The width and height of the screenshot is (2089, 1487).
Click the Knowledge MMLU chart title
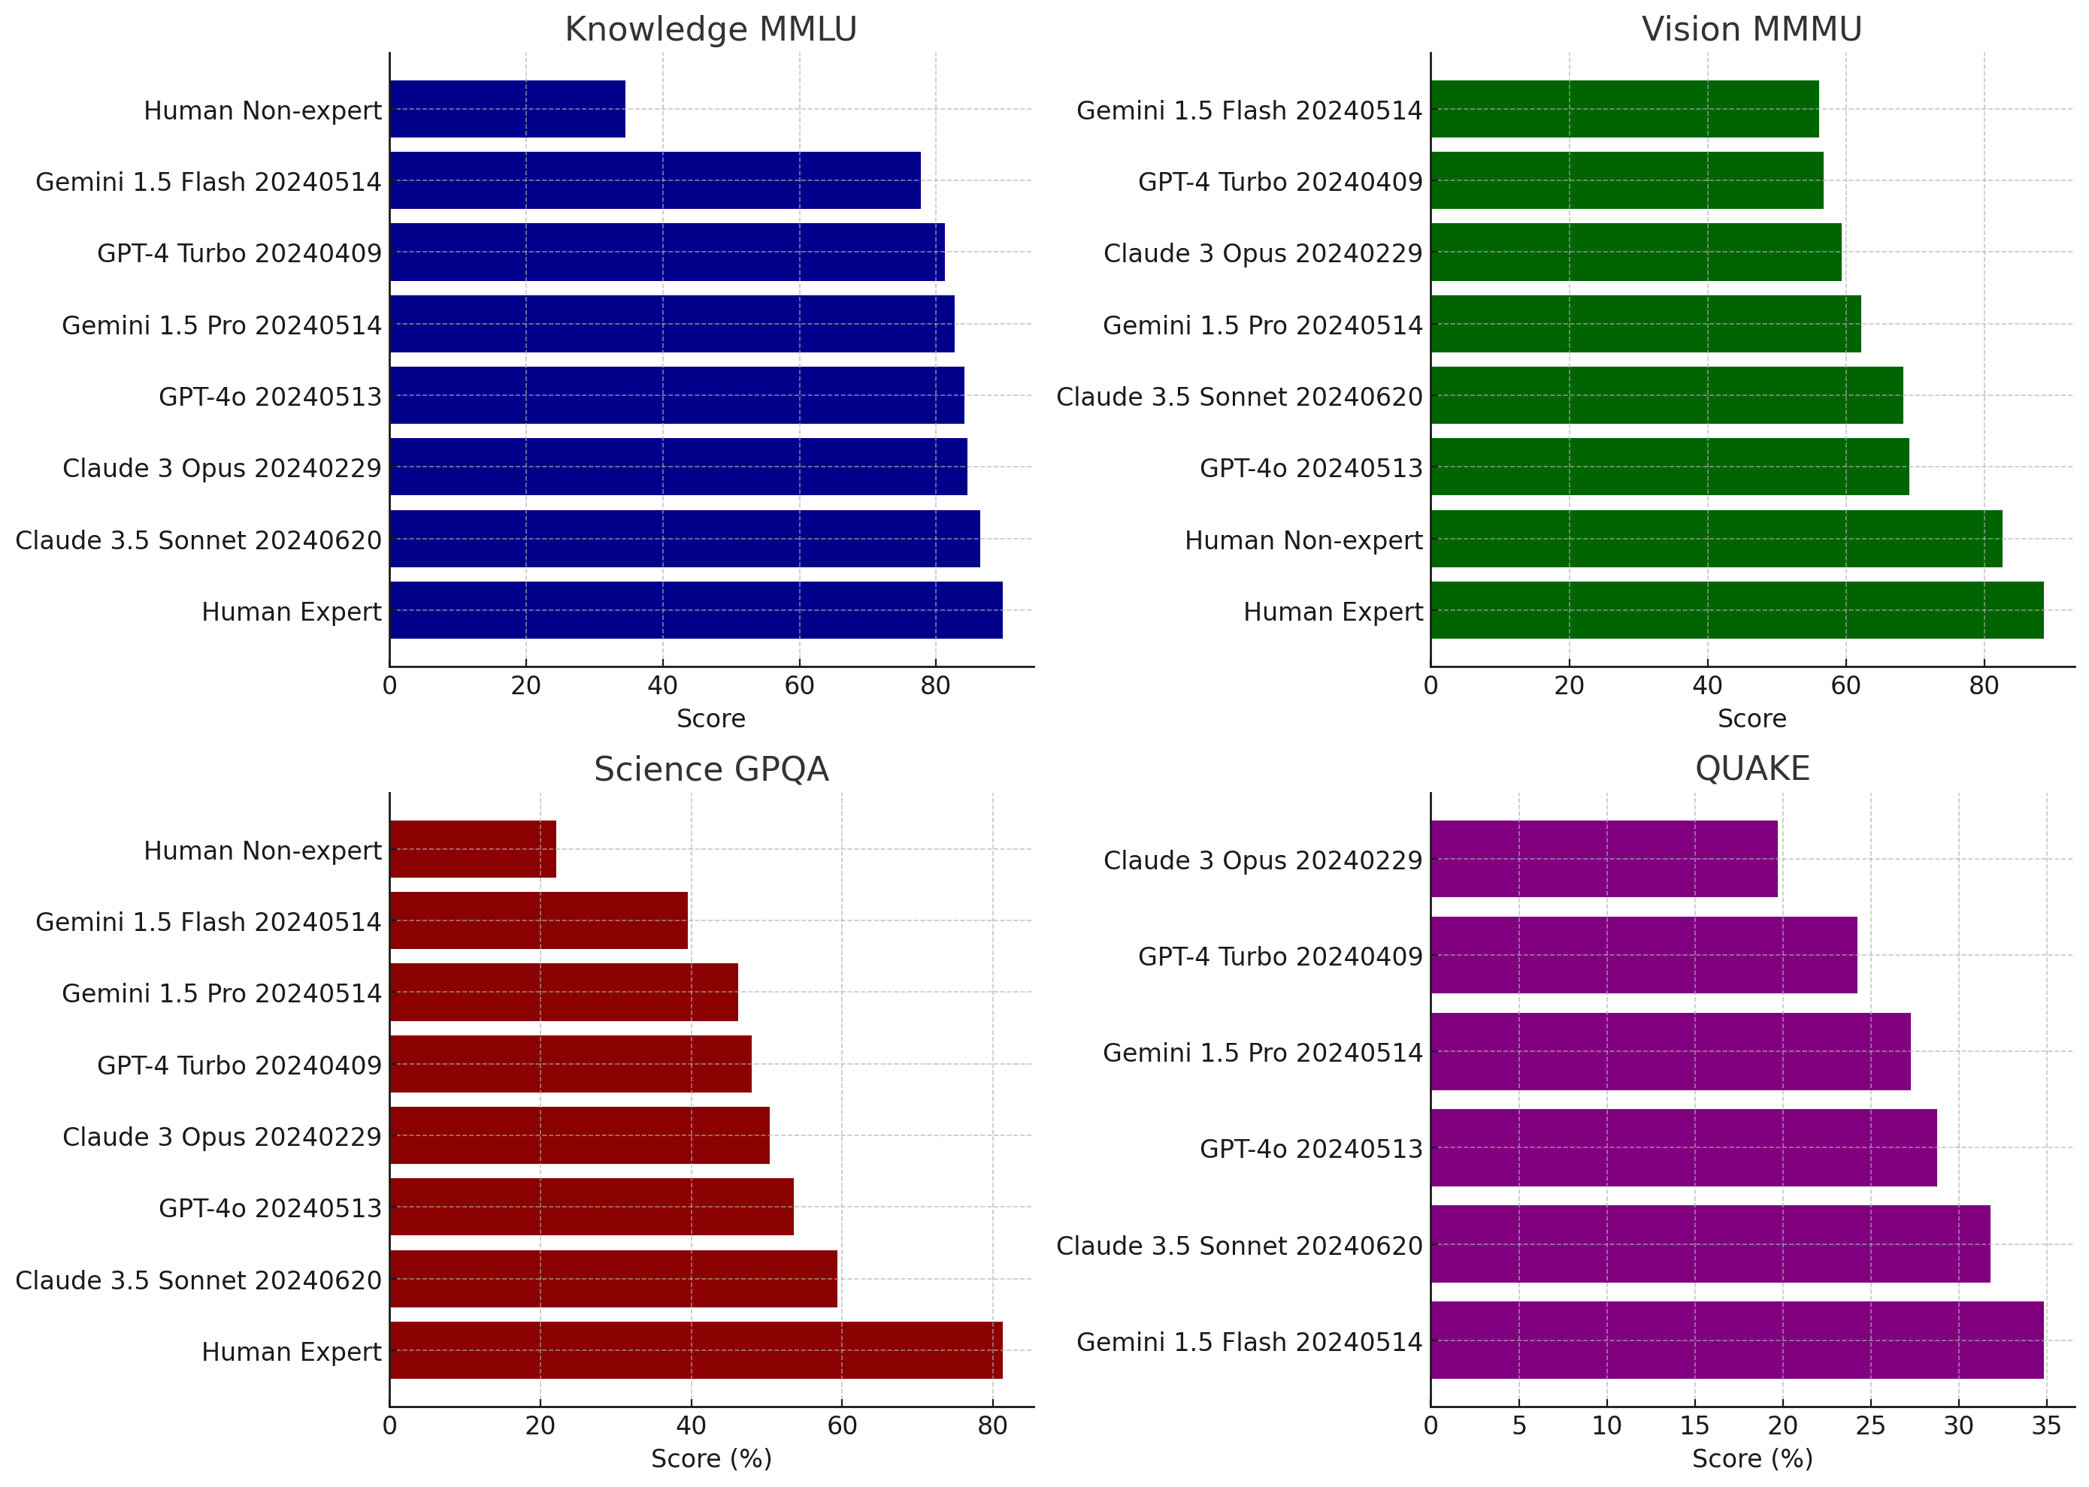pyautogui.click(x=710, y=29)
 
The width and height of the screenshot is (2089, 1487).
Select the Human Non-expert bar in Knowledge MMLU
pyautogui.click(x=507, y=109)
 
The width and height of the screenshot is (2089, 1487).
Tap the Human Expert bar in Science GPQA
pyautogui.click(x=695, y=1350)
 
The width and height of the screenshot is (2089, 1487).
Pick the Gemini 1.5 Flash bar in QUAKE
pyautogui.click(x=1736, y=1340)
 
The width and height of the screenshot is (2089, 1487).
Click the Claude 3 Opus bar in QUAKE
pyautogui.click(x=1603, y=859)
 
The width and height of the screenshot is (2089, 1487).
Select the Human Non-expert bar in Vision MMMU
pyautogui.click(x=1716, y=539)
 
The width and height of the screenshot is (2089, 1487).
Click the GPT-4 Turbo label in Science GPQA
pyautogui.click(x=239, y=1065)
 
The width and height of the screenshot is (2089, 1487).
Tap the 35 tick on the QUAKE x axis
pyautogui.click(x=2046, y=1425)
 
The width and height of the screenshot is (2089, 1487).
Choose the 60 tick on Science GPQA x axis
pyautogui.click(x=842, y=1425)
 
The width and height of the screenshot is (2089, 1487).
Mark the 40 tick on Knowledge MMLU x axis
pyautogui.click(x=662, y=686)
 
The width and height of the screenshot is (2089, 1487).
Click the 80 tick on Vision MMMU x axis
pyautogui.click(x=1984, y=686)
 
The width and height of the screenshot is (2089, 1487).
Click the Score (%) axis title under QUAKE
pyautogui.click(x=1752, y=1458)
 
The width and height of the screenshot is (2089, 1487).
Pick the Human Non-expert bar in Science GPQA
pyautogui.click(x=473, y=849)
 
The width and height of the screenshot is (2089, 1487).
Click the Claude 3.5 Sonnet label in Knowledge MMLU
pyautogui.click(x=198, y=540)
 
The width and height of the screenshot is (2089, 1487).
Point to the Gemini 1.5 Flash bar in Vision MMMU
pyautogui.click(x=1624, y=109)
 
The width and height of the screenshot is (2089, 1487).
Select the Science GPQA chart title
pyautogui.click(x=710, y=769)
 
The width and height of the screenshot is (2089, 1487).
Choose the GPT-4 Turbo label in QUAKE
pyautogui.click(x=1279, y=956)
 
